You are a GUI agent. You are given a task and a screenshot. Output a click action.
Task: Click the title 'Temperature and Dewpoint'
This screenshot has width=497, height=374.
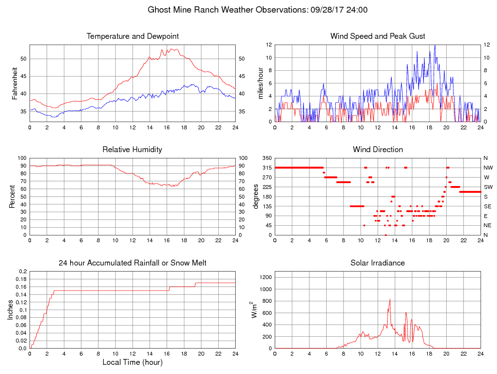pos(132,36)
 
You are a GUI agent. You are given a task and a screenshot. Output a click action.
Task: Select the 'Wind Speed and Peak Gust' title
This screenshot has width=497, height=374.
pos(377,36)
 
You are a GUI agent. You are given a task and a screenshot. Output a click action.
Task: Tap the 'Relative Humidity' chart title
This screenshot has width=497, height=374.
pos(132,150)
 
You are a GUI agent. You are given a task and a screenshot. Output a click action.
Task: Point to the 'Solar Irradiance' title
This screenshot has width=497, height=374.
pos(377,263)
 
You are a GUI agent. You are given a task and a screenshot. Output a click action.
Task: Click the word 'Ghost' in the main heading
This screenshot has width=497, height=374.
pos(159,10)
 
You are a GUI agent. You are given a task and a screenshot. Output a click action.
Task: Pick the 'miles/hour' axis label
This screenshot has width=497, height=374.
pos(260,83)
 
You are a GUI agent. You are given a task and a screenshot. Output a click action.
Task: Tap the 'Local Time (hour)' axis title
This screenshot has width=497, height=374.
pos(132,362)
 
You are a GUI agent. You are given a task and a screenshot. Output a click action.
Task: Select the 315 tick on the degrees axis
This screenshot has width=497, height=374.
pos(267,168)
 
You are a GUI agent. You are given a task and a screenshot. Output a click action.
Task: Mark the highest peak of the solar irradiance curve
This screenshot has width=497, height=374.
pos(390,299)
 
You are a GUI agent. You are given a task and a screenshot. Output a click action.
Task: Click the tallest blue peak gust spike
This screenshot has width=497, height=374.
pos(435,46)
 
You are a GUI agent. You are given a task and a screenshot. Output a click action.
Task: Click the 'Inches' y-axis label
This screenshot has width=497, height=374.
pos(11,310)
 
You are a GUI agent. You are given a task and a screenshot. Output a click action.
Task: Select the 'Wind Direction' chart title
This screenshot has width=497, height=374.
pos(377,150)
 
